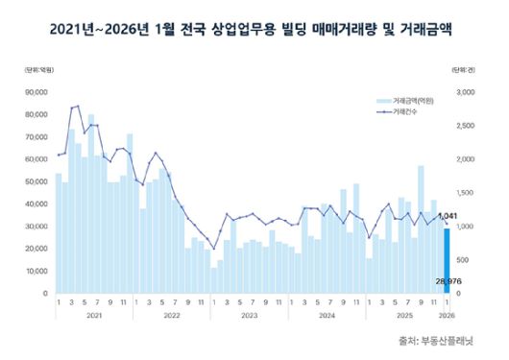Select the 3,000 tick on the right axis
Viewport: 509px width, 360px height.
[468, 92]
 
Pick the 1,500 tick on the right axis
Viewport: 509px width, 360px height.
[468, 193]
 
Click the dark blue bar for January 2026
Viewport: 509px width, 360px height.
[447, 259]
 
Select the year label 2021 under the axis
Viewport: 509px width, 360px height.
[92, 315]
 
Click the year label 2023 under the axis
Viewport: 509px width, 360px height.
[248, 315]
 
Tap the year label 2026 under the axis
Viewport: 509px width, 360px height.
[448, 315]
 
